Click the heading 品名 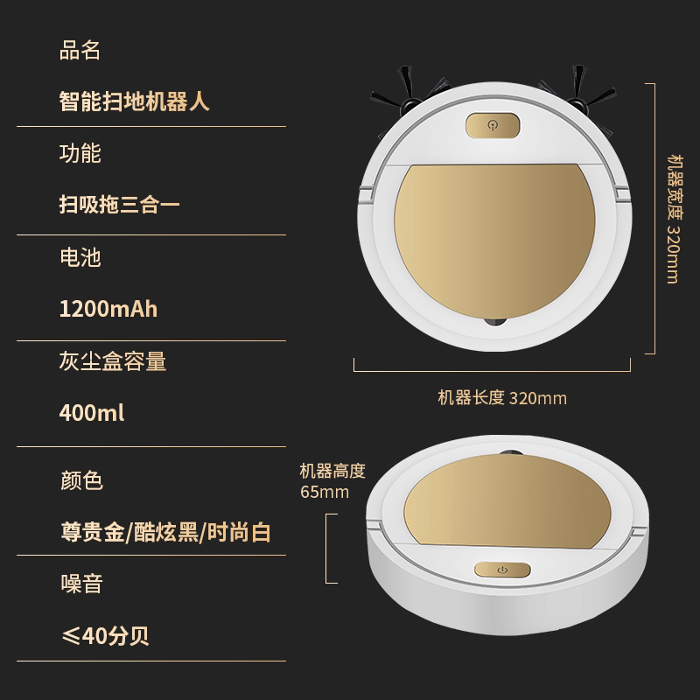[80, 50]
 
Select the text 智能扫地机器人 [135, 101]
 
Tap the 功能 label [80, 153]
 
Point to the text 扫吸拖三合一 [120, 205]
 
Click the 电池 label [80, 257]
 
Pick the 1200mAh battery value [108, 309]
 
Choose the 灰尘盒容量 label [113, 361]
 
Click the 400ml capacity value [92, 413]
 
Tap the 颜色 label [81, 480]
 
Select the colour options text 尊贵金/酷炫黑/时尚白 [165, 532]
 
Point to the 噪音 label [81, 584]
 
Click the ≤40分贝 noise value [105, 635]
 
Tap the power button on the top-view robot [493, 125]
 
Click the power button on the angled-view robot [502, 570]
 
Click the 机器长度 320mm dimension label [502, 398]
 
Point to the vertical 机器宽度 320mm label [675, 220]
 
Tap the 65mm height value [325, 492]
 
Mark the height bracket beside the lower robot [326, 549]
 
